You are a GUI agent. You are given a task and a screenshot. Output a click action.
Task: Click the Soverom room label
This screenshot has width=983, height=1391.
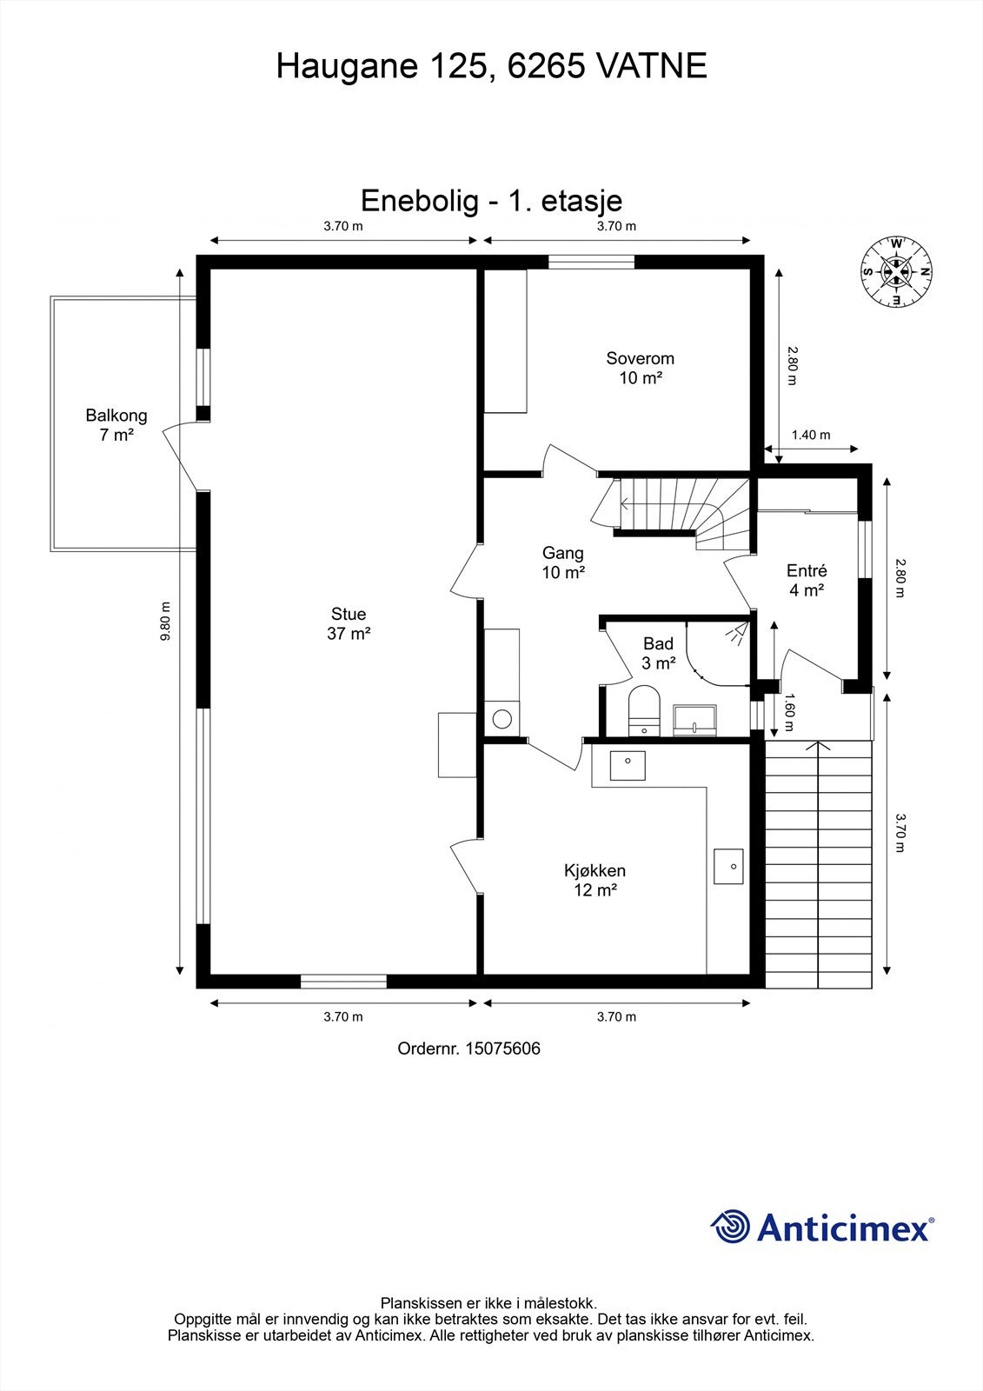coord(640,368)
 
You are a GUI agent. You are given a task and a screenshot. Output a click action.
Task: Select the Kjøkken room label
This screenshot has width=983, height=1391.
coord(594,880)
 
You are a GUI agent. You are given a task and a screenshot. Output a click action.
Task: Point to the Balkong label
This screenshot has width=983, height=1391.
coord(116,425)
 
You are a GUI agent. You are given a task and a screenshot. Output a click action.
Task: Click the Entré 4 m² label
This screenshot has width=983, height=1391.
coord(807,581)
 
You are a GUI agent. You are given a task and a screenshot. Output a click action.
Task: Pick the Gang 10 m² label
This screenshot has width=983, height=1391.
coord(562,562)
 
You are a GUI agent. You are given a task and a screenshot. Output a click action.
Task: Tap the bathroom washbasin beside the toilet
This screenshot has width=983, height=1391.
coord(695,719)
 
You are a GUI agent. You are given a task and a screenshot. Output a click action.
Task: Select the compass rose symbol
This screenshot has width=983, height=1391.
coord(895,272)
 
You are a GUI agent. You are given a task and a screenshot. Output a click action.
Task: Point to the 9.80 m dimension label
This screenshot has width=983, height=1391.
coord(165,622)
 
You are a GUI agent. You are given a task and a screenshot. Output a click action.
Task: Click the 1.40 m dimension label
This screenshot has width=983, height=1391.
coord(810,436)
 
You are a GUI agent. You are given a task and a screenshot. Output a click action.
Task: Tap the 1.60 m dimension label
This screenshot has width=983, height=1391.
coord(788,711)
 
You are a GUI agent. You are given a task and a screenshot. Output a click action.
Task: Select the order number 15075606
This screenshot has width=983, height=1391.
coord(502,1048)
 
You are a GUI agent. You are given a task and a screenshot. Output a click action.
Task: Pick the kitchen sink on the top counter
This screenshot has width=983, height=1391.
coord(628,766)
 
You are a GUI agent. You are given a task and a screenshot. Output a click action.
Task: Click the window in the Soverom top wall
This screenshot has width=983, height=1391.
coord(591,262)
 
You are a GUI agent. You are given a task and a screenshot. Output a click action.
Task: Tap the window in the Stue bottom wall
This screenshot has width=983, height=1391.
coord(343,982)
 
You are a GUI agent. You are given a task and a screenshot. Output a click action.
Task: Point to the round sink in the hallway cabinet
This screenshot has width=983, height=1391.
coord(501,719)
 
